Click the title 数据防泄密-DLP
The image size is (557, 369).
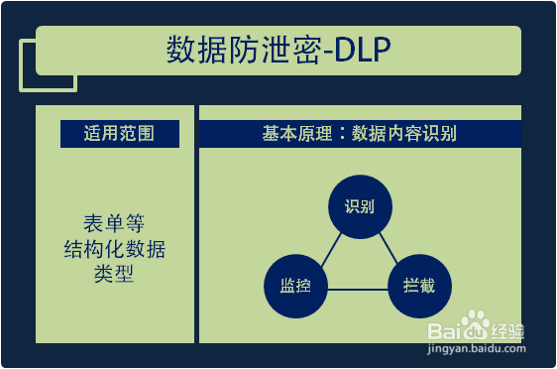[278, 51]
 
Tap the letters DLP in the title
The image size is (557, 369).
[364, 51]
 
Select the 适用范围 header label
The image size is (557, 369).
[119, 134]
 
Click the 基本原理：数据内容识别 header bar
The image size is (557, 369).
[360, 134]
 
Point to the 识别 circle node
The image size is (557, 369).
[359, 207]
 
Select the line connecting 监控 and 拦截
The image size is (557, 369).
[357, 289]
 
